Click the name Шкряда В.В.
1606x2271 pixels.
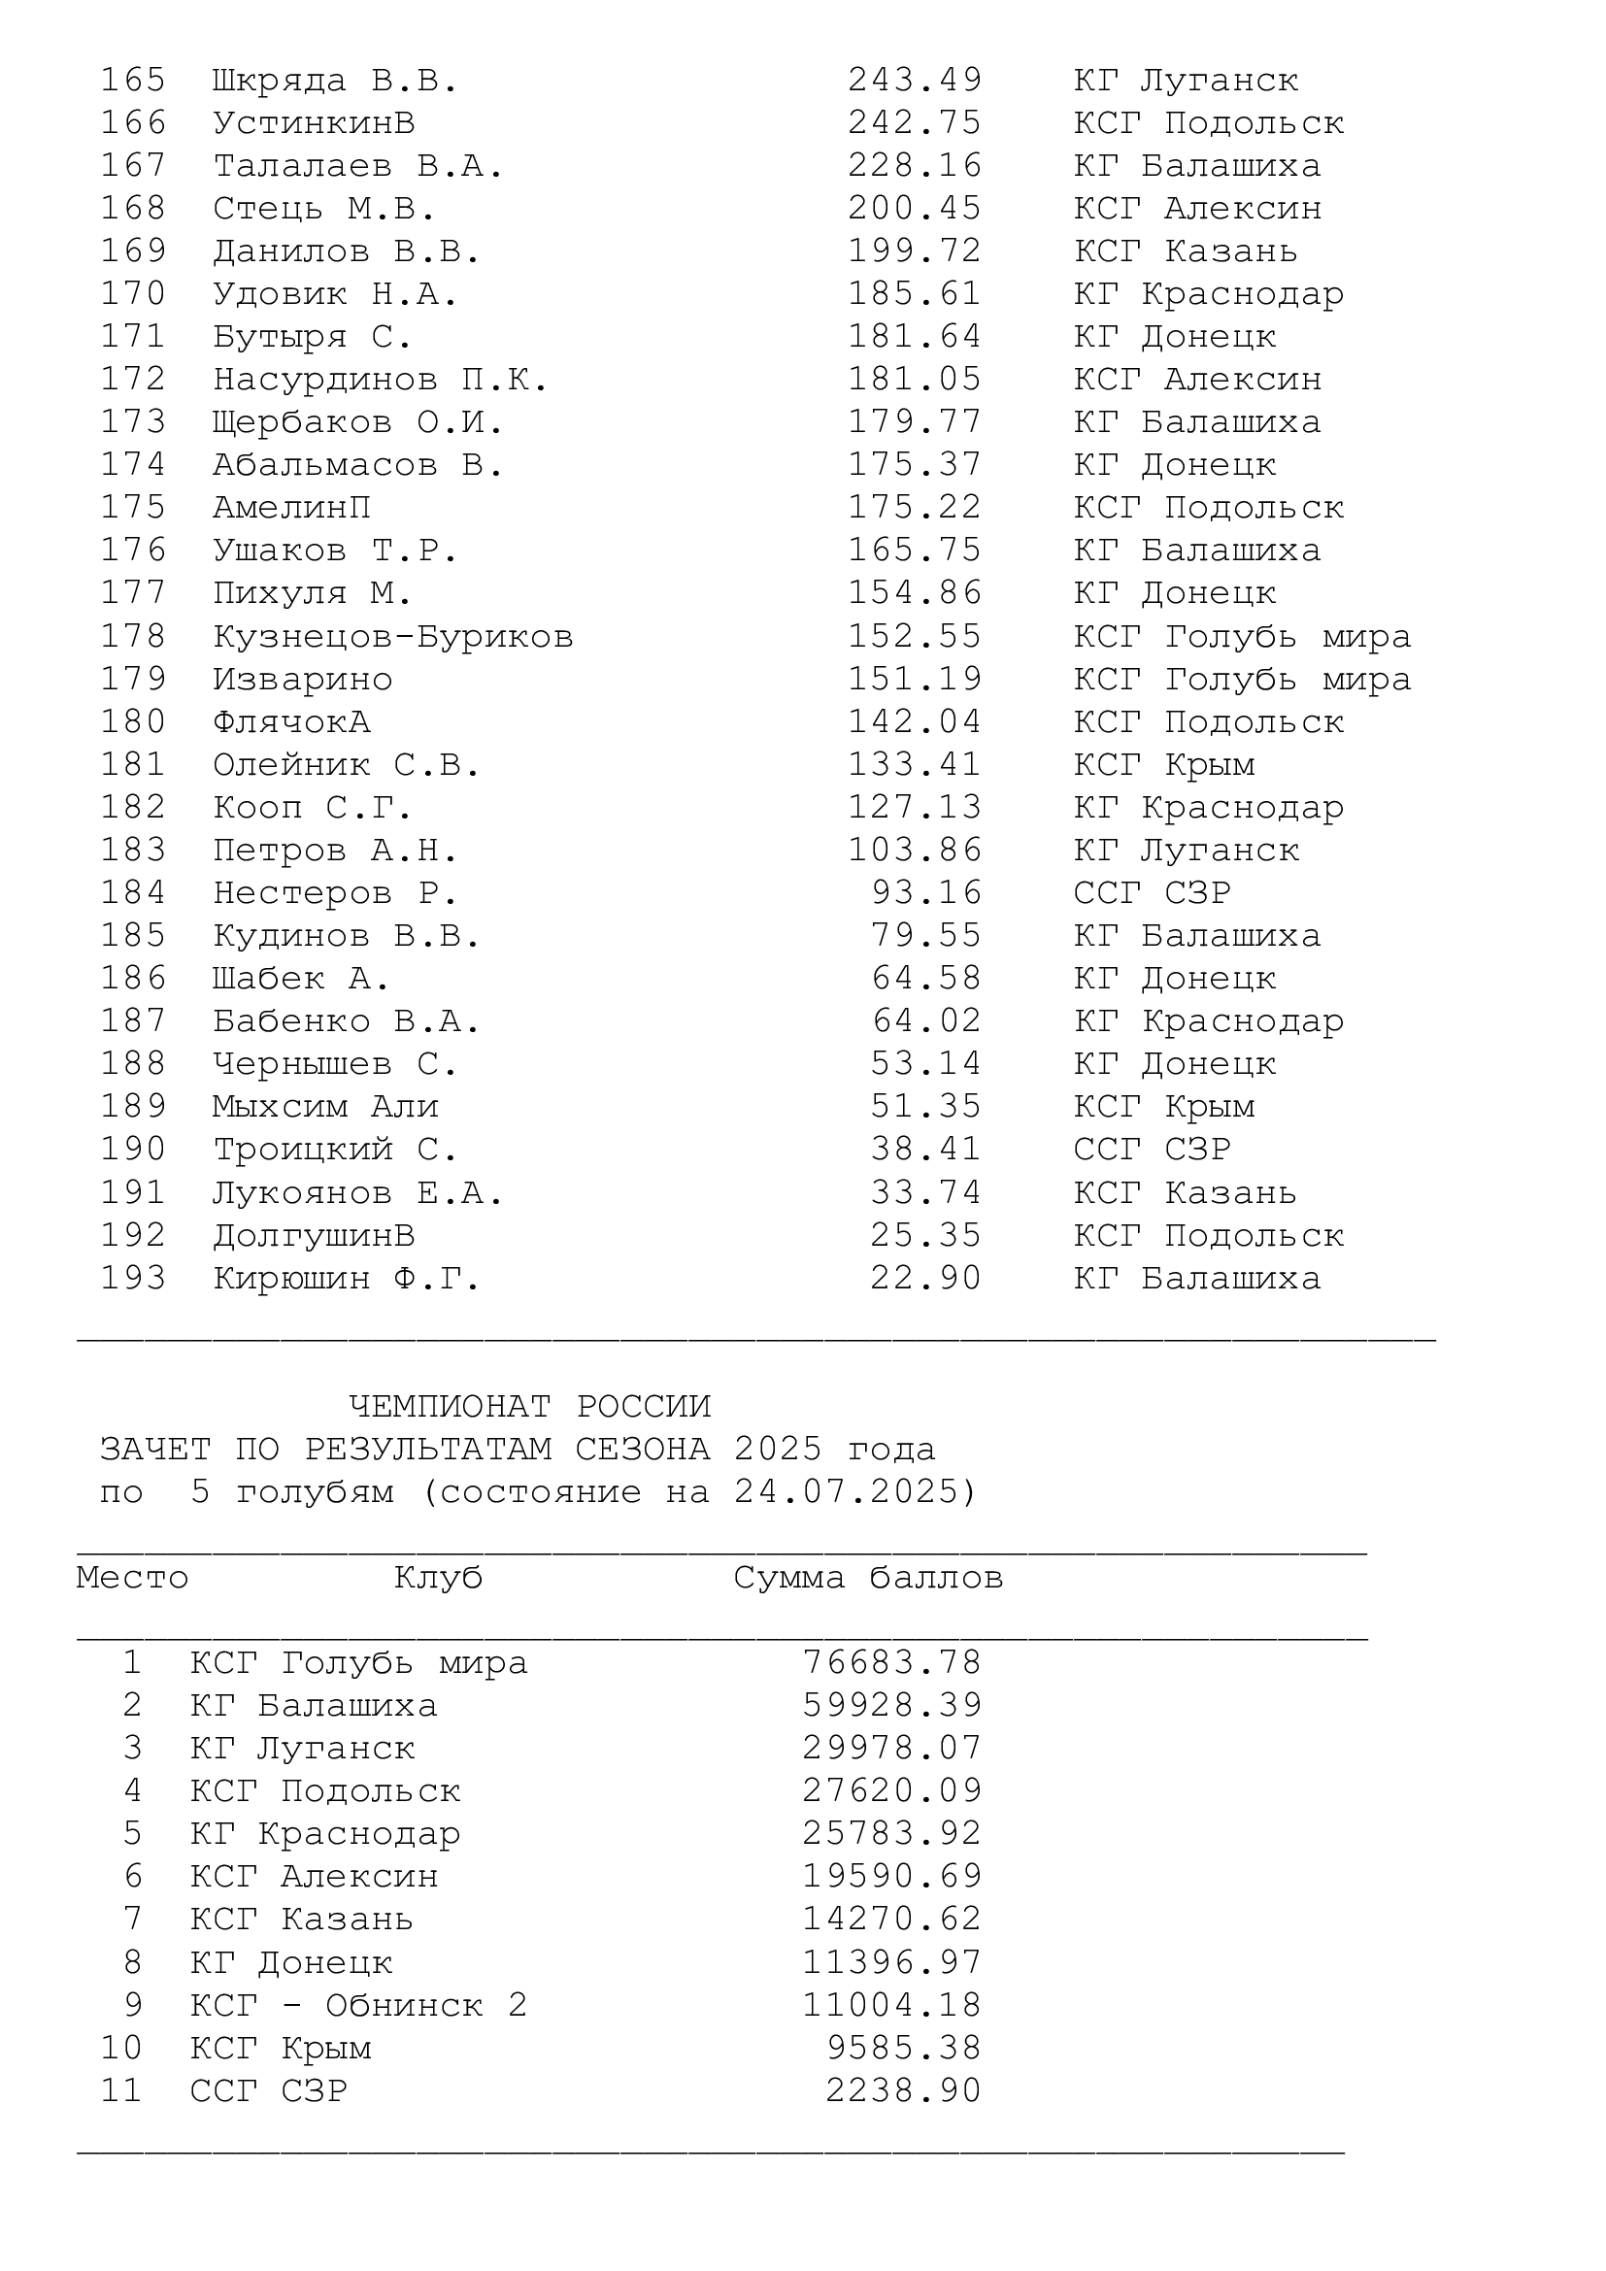335,81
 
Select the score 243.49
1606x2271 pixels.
914,81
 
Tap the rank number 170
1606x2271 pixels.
132,294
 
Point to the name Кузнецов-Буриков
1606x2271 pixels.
392,636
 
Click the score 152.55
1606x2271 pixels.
914,636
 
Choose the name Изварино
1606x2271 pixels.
303,680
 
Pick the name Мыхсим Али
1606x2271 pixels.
325,1107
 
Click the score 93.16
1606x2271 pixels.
925,893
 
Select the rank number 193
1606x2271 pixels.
132,1278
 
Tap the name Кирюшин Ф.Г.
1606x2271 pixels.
346,1278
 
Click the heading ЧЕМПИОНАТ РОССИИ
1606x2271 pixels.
530,1407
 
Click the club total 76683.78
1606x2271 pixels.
891,1662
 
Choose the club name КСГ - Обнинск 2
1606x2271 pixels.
358,2005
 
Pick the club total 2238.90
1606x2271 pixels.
903,2090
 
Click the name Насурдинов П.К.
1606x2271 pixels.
380,380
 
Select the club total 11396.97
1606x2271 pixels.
891,1961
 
